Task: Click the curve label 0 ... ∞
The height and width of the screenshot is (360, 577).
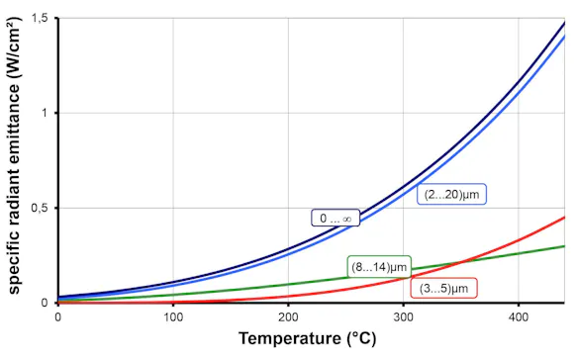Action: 335,219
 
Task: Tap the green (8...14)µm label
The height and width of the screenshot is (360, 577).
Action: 379,267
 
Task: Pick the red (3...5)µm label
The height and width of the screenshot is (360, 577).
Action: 442,288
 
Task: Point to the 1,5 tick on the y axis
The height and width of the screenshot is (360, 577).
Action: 39,18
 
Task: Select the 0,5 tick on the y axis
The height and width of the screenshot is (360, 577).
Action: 39,208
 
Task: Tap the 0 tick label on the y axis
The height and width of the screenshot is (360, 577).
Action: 45,303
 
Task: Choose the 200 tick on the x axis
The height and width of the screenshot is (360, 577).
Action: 288,316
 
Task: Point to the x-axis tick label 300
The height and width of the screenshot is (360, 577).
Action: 404,316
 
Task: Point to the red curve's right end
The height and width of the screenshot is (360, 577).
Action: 565,217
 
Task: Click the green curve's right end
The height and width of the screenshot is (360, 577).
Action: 565,246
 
